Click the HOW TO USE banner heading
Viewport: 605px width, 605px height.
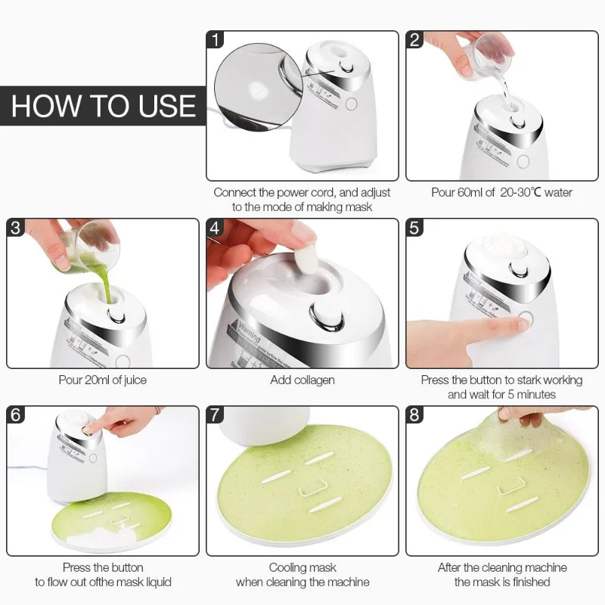click(104, 106)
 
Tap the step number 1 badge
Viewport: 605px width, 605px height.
click(217, 41)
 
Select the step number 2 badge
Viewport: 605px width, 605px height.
click(415, 41)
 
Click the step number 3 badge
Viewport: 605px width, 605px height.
click(17, 228)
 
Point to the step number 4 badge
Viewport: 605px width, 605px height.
click(217, 228)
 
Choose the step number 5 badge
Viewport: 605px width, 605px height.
click(415, 228)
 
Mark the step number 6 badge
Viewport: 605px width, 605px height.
click(17, 415)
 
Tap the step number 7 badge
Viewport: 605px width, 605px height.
click(217, 415)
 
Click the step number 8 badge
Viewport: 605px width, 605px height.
click(415, 415)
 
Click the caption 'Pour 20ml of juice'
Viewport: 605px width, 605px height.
click(103, 380)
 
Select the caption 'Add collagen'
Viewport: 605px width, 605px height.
click(302, 380)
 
